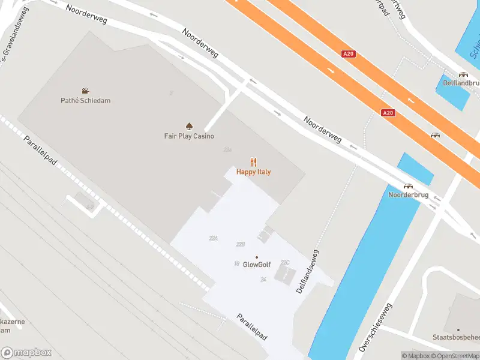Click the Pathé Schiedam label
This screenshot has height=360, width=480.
[86, 101]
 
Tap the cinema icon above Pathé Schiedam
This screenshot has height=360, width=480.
[86, 91]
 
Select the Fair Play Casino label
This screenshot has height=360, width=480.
[189, 136]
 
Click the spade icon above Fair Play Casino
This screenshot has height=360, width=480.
[189, 126]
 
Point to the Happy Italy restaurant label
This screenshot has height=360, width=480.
[253, 172]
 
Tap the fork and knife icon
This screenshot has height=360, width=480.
[253, 162]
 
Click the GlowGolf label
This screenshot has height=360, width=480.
[257, 265]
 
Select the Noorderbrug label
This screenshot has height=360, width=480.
[408, 196]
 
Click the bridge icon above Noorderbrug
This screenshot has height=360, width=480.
[408, 186]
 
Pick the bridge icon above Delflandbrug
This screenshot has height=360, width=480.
[463, 75]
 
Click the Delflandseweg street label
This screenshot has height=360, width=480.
[308, 272]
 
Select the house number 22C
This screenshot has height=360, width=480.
[286, 262]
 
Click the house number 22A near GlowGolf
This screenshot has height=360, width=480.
[213, 238]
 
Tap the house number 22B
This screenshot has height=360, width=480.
[241, 244]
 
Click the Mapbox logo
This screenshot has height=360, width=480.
[26, 353]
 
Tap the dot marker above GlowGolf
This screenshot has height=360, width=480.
[257, 257]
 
